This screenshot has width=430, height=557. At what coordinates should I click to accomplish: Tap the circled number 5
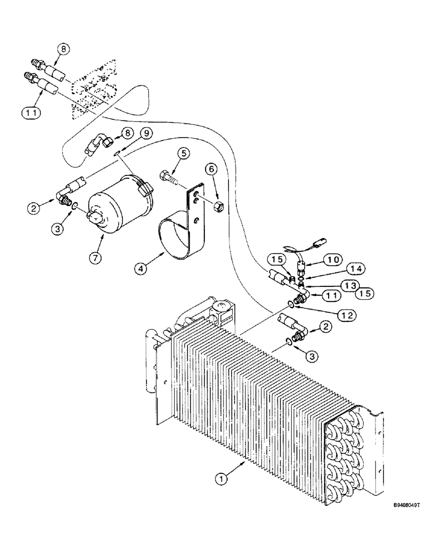184,153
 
